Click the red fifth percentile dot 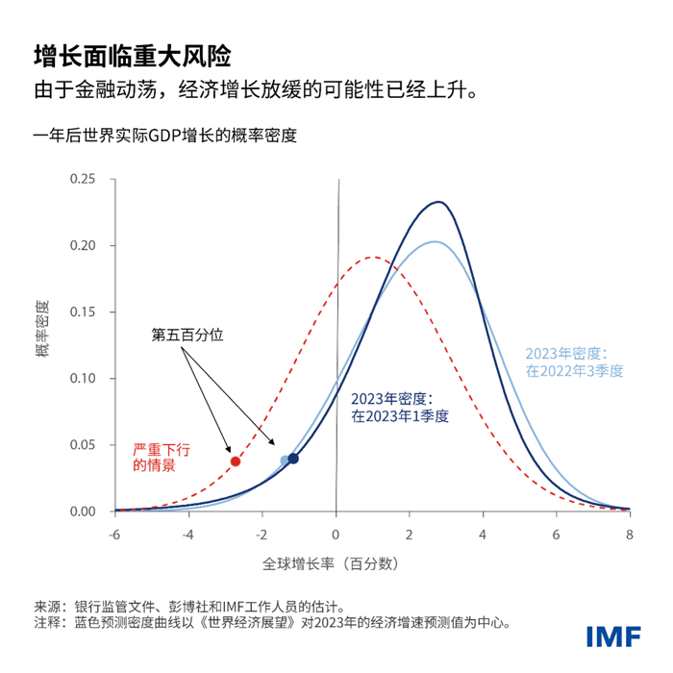(x=236, y=461)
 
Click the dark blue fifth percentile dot (x=293, y=459)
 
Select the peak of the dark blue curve (x=438, y=202)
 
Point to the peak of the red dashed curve (x=373, y=257)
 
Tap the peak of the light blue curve (x=435, y=241)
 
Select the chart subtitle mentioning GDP (x=164, y=136)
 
